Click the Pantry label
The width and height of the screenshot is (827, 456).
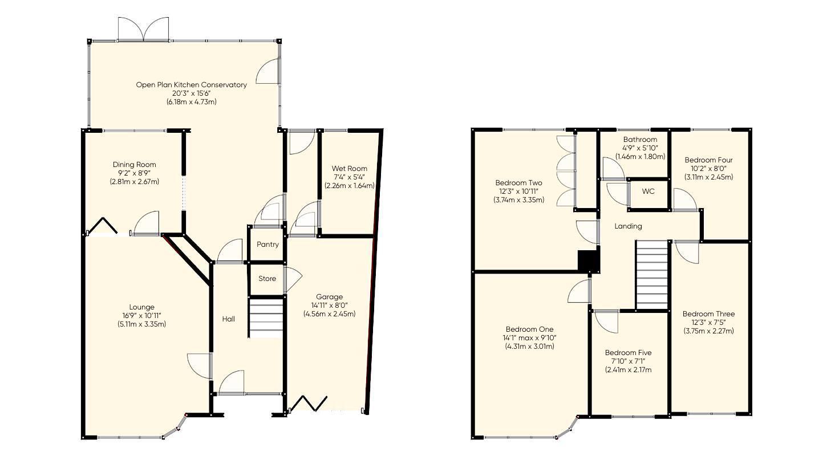click(267, 245)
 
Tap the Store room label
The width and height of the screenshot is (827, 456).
click(267, 279)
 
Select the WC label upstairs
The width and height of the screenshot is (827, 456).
click(648, 192)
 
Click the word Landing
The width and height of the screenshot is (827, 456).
click(628, 226)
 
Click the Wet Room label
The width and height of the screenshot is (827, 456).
click(349, 169)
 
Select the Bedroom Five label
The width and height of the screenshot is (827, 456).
click(628, 353)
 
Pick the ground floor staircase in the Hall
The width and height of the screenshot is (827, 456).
click(266, 319)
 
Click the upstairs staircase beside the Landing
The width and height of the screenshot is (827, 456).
click(651, 275)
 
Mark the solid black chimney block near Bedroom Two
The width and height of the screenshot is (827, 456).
click(587, 261)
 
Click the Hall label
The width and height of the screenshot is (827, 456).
click(228, 319)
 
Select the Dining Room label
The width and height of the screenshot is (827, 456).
click(134, 165)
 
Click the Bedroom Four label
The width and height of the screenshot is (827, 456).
click(708, 160)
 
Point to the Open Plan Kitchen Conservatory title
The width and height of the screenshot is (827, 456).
click(191, 85)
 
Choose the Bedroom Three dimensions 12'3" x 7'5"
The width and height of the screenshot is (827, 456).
click(708, 323)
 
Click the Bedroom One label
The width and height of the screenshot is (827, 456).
click(529, 329)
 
